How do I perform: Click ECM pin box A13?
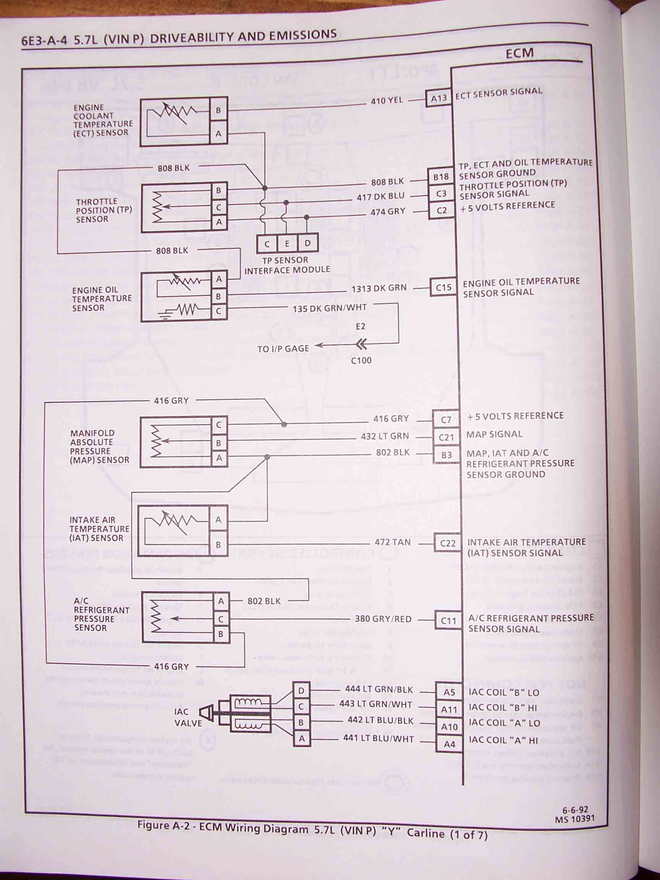(439, 98)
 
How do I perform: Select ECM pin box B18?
(441, 177)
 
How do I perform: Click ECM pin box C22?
(448, 544)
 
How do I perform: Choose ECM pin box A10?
(450, 727)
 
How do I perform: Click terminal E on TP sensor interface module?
(287, 243)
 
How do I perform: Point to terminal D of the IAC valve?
(301, 691)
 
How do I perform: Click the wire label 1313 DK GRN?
(379, 288)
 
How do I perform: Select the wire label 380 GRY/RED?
(383, 619)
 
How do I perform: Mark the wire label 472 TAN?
(392, 542)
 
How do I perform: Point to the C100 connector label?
(361, 361)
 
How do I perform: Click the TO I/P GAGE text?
(283, 349)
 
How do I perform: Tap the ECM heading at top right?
(519, 53)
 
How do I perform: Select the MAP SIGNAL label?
(494, 434)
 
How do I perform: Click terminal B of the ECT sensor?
(218, 110)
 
